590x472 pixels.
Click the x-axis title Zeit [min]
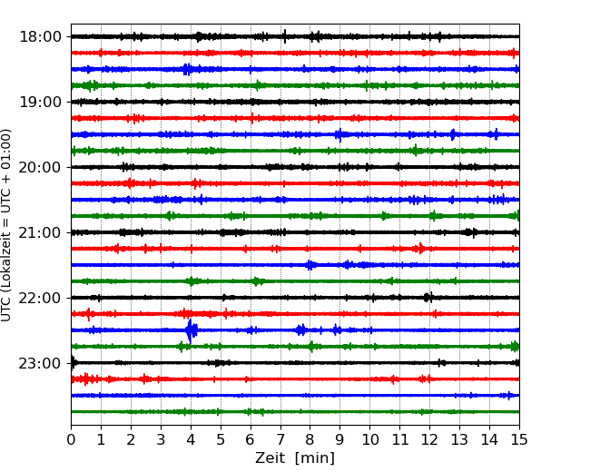click(x=295, y=458)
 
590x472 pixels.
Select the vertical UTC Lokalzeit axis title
click(x=7, y=224)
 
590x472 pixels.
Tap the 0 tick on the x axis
click(x=71, y=439)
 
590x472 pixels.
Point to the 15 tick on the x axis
click(x=519, y=439)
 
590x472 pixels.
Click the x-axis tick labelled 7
click(x=280, y=439)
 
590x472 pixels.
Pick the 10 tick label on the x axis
click(x=369, y=439)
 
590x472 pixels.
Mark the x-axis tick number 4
click(x=191, y=439)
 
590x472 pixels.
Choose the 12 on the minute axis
click(x=429, y=439)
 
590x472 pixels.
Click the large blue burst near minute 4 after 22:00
click(x=191, y=329)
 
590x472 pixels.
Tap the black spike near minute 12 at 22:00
click(x=428, y=298)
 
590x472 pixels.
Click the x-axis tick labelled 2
click(x=131, y=439)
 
